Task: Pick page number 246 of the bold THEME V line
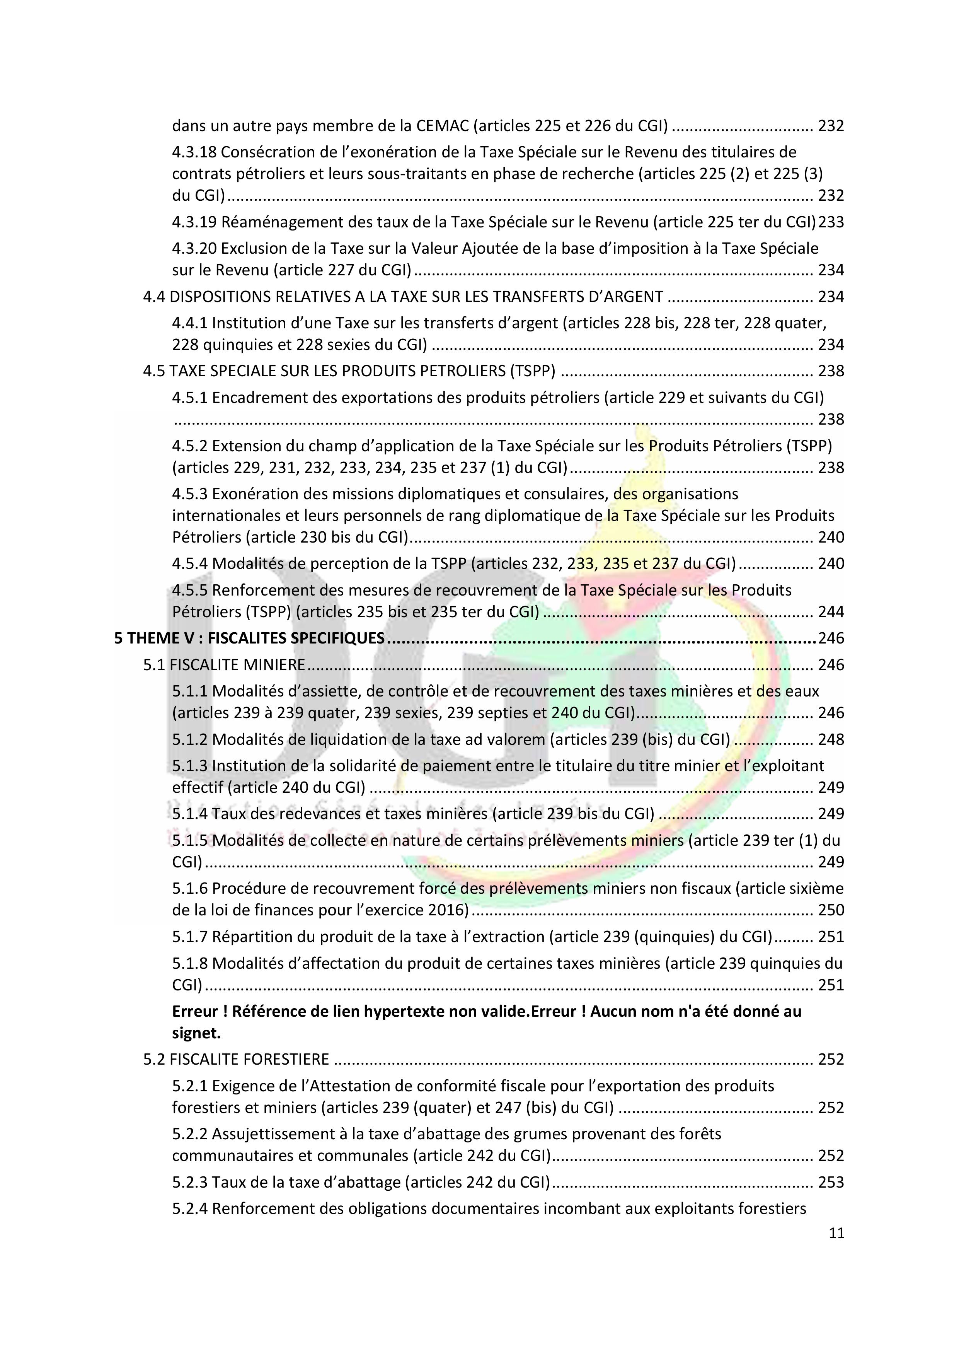pos(831,638)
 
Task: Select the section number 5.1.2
pos(190,739)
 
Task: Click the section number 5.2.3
pos(190,1182)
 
